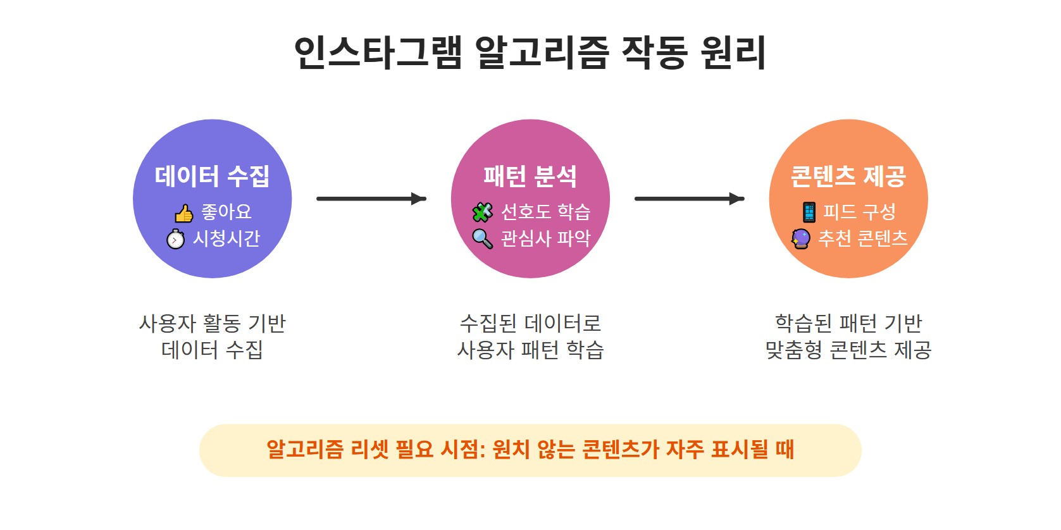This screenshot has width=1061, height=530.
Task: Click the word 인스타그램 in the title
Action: click(378, 52)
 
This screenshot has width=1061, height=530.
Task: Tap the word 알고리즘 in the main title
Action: click(541, 52)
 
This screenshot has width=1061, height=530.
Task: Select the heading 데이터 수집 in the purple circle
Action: click(213, 176)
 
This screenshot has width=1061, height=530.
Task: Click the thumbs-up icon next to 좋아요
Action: click(184, 214)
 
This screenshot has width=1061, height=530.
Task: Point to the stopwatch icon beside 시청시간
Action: click(176, 239)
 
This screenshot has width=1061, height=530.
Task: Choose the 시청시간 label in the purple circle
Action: click(226, 238)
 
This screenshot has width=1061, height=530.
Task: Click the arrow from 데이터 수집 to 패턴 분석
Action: click(371, 199)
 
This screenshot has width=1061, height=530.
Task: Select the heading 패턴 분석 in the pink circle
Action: click(530, 176)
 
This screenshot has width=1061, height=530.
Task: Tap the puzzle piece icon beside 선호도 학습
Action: click(483, 213)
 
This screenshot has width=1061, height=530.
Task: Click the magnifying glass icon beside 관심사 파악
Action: click(483, 239)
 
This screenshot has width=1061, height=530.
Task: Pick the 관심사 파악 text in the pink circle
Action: click(545, 238)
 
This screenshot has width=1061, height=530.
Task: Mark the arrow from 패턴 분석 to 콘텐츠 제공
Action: click(689, 199)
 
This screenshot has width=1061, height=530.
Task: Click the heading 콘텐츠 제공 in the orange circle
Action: click(848, 176)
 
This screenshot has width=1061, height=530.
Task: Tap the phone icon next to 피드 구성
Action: click(809, 213)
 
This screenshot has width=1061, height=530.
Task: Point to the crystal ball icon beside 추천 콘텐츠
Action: click(801, 239)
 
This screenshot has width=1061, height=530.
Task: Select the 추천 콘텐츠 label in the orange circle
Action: click(863, 238)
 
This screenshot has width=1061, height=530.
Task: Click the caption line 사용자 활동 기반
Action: click(213, 324)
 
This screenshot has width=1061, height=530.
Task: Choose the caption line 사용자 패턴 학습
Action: click(530, 350)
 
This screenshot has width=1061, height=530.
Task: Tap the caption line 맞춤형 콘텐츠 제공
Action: click(848, 350)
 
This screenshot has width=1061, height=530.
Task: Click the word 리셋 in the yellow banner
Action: click(369, 450)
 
